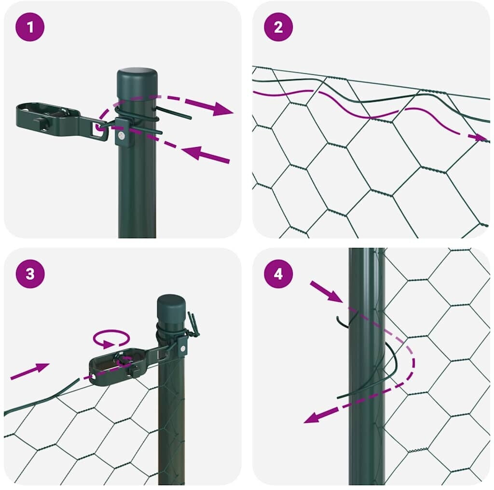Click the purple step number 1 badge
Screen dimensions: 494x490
pyautogui.click(x=30, y=27)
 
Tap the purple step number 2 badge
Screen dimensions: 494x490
pyautogui.click(x=278, y=27)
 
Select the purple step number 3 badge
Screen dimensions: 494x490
pyautogui.click(x=30, y=273)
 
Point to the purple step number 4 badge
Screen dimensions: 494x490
pyautogui.click(x=278, y=273)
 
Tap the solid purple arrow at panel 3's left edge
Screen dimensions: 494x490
pyautogui.click(x=30, y=371)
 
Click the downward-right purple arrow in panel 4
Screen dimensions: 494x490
pyautogui.click(x=327, y=291)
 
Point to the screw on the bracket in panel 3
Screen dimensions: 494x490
pyautogui.click(x=183, y=348)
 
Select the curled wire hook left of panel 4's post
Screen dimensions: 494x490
pyautogui.click(x=343, y=322)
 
